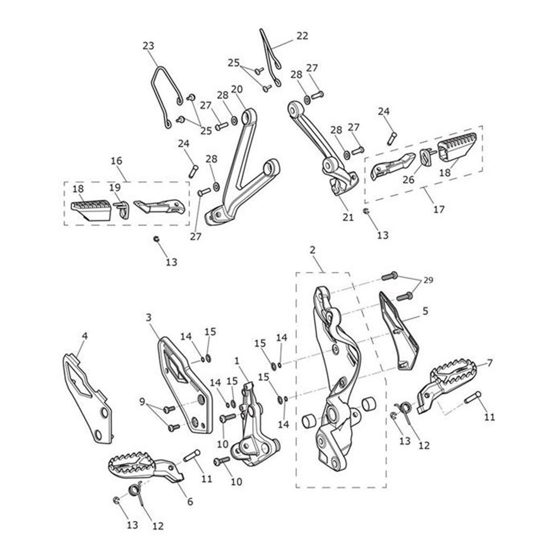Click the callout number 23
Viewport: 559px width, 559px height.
point(148,46)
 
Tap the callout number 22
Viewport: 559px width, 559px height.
point(302,36)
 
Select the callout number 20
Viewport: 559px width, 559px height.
point(237,89)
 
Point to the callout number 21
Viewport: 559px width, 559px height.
point(348,217)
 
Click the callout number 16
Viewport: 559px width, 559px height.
point(116,161)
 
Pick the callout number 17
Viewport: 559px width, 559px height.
point(439,209)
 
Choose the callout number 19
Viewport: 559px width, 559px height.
point(115,187)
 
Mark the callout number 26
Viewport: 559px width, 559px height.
point(409,180)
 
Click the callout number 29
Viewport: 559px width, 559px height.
point(428,280)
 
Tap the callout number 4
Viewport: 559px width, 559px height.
point(85,336)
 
